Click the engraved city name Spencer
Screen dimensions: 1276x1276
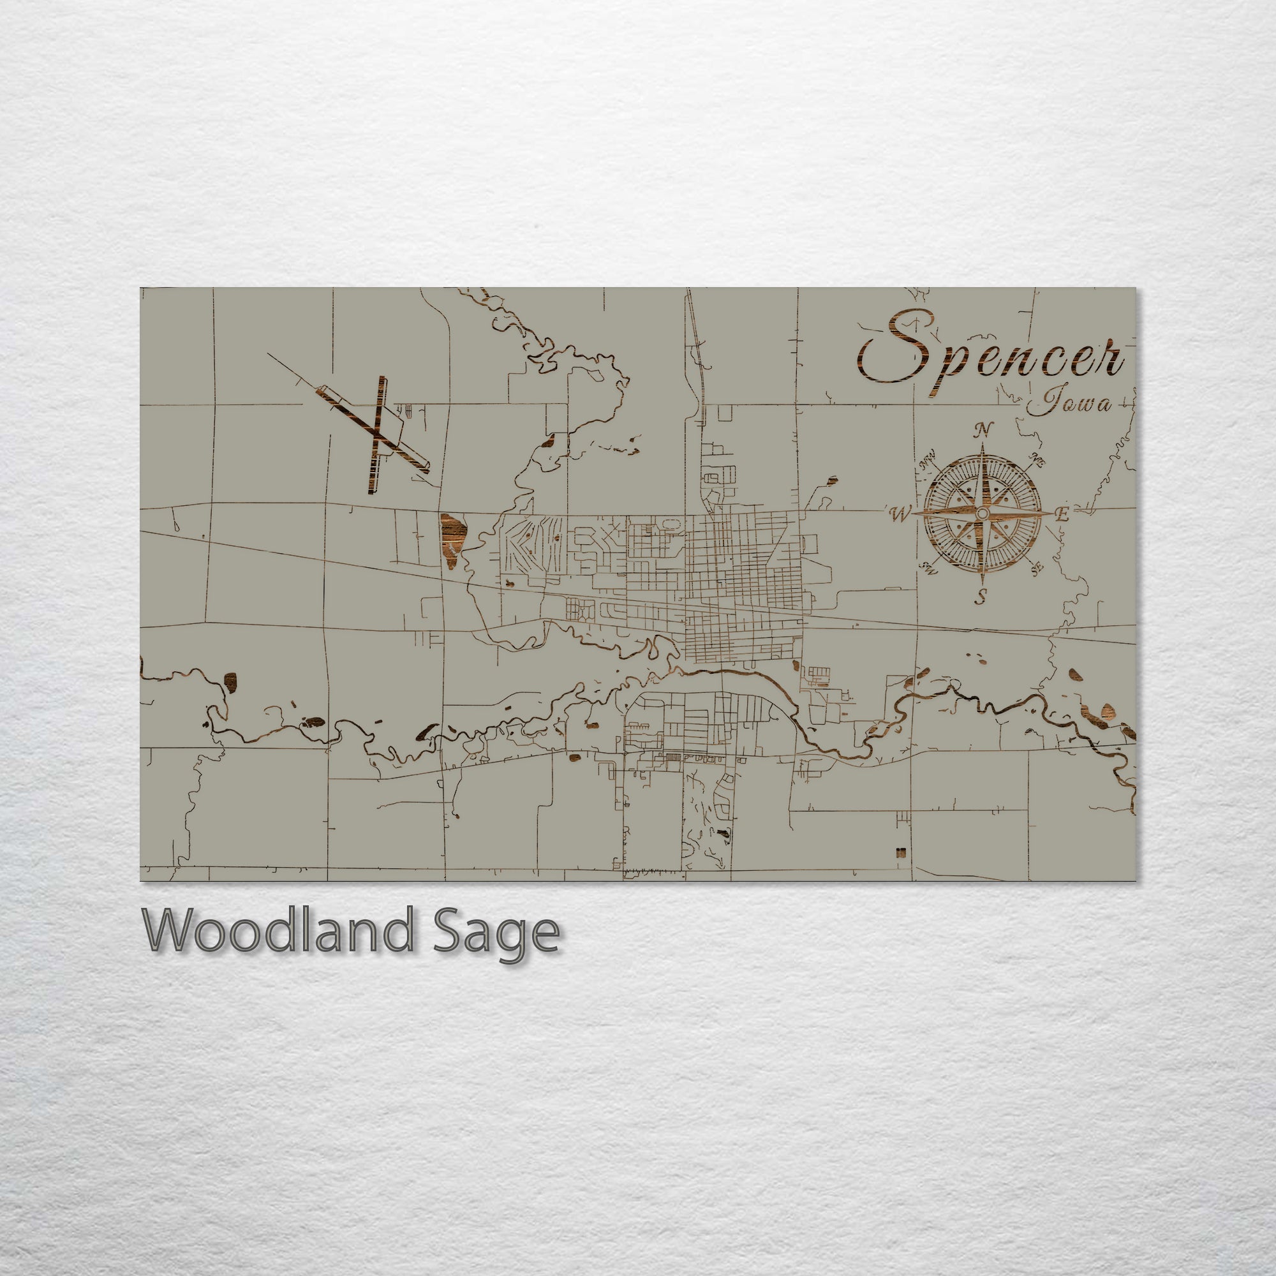coord(991,357)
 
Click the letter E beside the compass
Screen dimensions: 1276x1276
coord(1062,515)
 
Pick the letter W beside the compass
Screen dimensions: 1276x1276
coord(900,514)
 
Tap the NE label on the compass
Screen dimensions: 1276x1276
coord(1037,461)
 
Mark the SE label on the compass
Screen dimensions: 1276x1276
coord(1036,567)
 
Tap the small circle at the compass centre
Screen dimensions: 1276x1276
coord(982,513)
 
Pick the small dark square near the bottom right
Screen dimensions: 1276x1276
coord(900,852)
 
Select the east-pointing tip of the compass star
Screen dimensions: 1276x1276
coord(1051,513)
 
